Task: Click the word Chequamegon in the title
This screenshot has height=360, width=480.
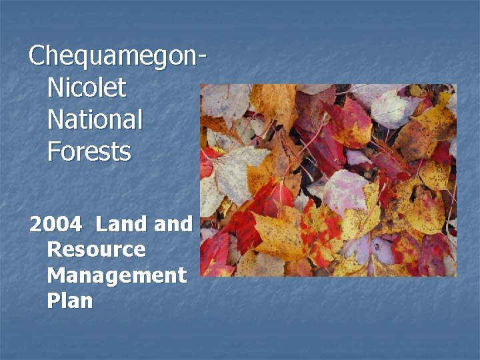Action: [113, 56]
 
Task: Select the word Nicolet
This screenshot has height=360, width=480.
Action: [87, 88]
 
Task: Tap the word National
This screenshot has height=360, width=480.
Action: [95, 120]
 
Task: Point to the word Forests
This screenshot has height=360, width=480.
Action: [89, 152]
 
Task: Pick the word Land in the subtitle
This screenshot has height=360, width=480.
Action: [122, 224]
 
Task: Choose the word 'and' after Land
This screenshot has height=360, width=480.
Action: [173, 224]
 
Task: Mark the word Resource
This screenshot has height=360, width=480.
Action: [96, 249]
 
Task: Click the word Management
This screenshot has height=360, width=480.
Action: [117, 275]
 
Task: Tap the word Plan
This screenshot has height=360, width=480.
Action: [70, 301]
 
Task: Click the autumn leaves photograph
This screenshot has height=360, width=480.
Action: [328, 180]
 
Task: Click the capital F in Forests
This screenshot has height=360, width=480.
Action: [53, 151]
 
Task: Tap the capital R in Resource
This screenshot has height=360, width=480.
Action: [55, 249]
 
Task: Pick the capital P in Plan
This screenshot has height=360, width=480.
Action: [53, 301]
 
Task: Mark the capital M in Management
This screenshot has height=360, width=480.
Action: [57, 275]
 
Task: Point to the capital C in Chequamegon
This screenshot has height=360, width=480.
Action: [37, 55]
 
